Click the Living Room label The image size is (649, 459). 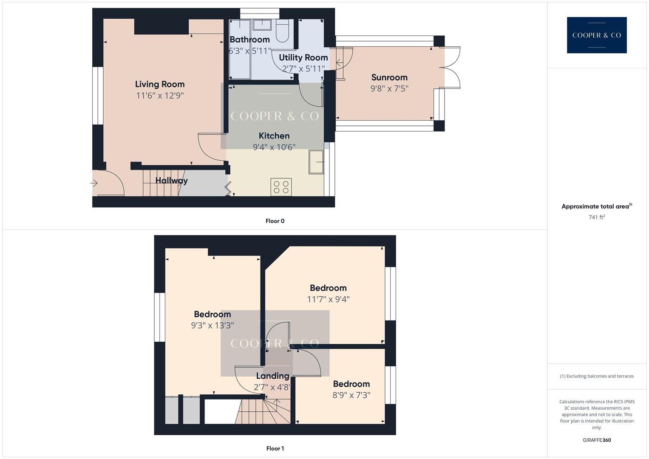pos(160,84)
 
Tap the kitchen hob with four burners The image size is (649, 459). pos(281,187)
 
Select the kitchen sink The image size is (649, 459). pos(316,162)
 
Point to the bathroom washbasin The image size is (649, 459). pos(262,25)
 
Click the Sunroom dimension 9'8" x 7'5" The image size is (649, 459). pos(389,88)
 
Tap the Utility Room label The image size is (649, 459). pos(303,57)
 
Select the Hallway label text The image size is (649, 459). pos(171,181)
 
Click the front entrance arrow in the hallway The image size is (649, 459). pos(94,183)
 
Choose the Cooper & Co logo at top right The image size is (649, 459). pos(596,35)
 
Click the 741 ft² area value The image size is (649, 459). pos(596,217)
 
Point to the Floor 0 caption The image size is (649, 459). pos(275,221)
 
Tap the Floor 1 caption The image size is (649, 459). pos(275,448)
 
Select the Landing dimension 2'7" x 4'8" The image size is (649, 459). pos(272,387)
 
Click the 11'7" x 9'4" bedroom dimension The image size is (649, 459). pos(328,299)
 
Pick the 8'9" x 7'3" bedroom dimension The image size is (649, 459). pos(351,395)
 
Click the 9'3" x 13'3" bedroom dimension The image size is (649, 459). pos(212,326)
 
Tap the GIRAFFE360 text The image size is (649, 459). pos(596,440)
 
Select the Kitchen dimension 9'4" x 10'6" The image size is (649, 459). pos(274,147)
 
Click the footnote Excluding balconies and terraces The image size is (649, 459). pos(596,376)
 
